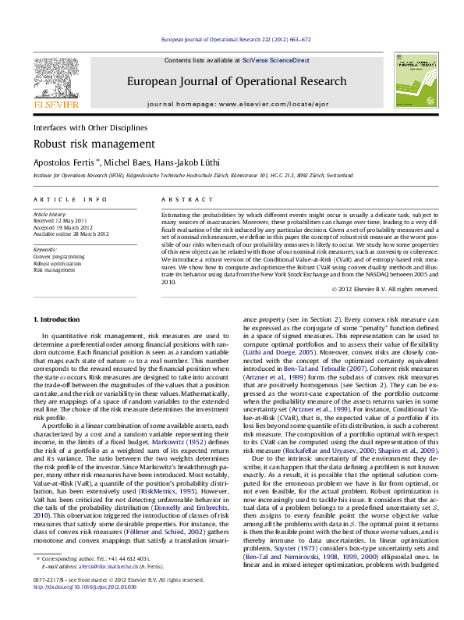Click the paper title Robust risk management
tap(83, 144)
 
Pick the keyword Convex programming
tap(60, 256)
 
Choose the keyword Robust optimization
tap(57, 263)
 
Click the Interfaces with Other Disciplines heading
tap(90, 126)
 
